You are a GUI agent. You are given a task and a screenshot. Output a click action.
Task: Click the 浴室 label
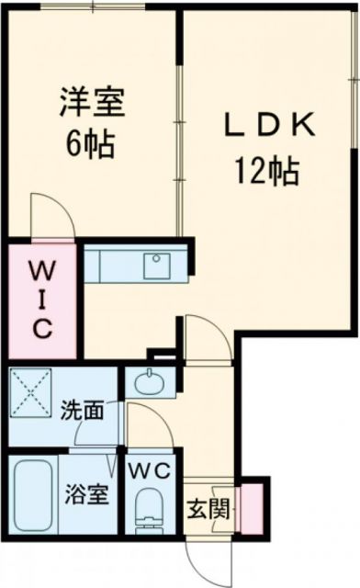click(87, 494)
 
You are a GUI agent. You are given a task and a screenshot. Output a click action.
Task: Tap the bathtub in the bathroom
click(34, 496)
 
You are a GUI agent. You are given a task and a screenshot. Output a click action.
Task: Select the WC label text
click(151, 471)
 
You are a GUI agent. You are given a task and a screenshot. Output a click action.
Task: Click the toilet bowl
click(147, 511)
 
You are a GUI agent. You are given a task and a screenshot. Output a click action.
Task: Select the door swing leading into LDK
click(205, 337)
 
